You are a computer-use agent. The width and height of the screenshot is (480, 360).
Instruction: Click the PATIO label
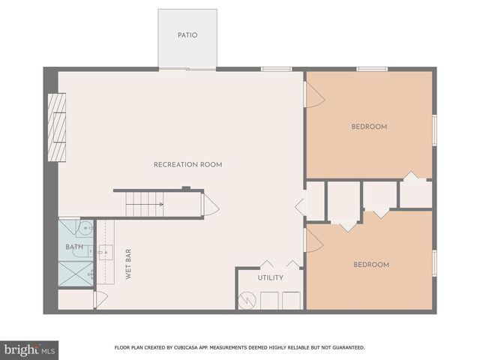point(187,34)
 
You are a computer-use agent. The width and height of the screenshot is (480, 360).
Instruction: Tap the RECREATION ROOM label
point(187,164)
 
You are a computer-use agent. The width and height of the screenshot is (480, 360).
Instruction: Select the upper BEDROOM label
point(369,127)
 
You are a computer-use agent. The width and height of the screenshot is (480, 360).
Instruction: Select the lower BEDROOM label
point(371,264)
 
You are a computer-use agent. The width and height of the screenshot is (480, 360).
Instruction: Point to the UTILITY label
point(271,277)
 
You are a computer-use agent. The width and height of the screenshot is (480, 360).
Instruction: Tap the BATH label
point(74,247)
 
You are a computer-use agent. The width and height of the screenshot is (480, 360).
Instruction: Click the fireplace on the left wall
point(57,127)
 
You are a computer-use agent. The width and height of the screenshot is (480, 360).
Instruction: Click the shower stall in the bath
point(75,272)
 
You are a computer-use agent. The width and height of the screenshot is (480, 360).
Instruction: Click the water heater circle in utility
point(247,300)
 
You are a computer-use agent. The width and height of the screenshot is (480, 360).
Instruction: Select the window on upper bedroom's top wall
point(371,70)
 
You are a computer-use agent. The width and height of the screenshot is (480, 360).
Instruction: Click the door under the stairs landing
point(211,205)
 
